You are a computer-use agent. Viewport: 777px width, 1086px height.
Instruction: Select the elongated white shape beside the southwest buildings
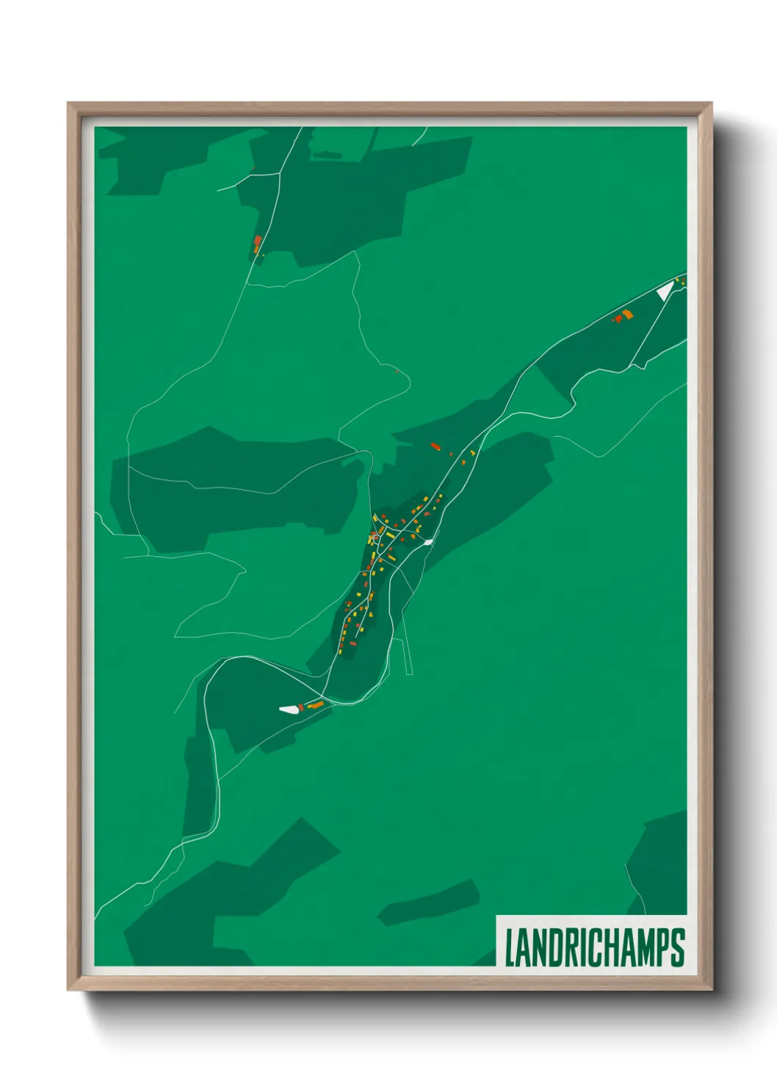[289, 709]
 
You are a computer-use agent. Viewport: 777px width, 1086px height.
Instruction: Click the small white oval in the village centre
[427, 542]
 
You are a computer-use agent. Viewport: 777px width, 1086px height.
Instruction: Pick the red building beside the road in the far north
[257, 241]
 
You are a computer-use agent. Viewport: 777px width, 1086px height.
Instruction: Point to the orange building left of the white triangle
[627, 314]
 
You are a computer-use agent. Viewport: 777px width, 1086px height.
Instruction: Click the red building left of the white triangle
[618, 318]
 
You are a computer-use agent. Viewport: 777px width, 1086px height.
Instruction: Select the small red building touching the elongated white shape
[301, 706]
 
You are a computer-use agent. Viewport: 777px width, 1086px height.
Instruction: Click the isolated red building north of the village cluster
[434, 445]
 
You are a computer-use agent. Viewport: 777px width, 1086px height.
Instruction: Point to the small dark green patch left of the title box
[428, 903]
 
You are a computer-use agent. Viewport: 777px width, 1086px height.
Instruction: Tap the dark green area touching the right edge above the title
[661, 859]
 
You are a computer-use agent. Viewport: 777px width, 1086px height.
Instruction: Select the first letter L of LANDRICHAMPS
[510, 947]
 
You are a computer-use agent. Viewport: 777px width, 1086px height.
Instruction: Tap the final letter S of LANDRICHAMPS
[678, 947]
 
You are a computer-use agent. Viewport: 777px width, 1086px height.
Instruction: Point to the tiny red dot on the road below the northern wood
[397, 371]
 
